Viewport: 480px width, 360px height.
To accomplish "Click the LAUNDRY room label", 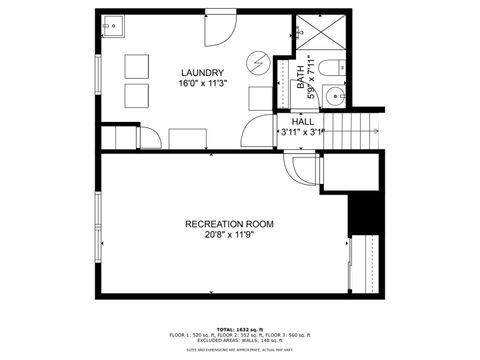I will point(202,72).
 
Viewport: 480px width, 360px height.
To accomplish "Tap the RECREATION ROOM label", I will point(229,224).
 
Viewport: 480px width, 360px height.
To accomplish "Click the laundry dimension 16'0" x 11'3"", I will point(202,85).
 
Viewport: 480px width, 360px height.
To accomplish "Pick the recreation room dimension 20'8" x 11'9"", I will point(229,236).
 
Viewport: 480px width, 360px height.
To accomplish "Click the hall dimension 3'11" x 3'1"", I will point(304,130).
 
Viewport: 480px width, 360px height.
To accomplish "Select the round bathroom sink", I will point(338,97).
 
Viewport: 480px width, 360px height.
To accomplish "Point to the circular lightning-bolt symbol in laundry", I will point(258,63).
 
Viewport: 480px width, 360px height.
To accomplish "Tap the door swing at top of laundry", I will point(218,30).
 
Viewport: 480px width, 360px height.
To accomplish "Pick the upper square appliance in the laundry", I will point(135,66).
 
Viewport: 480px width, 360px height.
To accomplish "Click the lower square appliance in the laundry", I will point(135,96).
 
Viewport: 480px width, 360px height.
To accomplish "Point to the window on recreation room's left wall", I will point(98,222).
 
